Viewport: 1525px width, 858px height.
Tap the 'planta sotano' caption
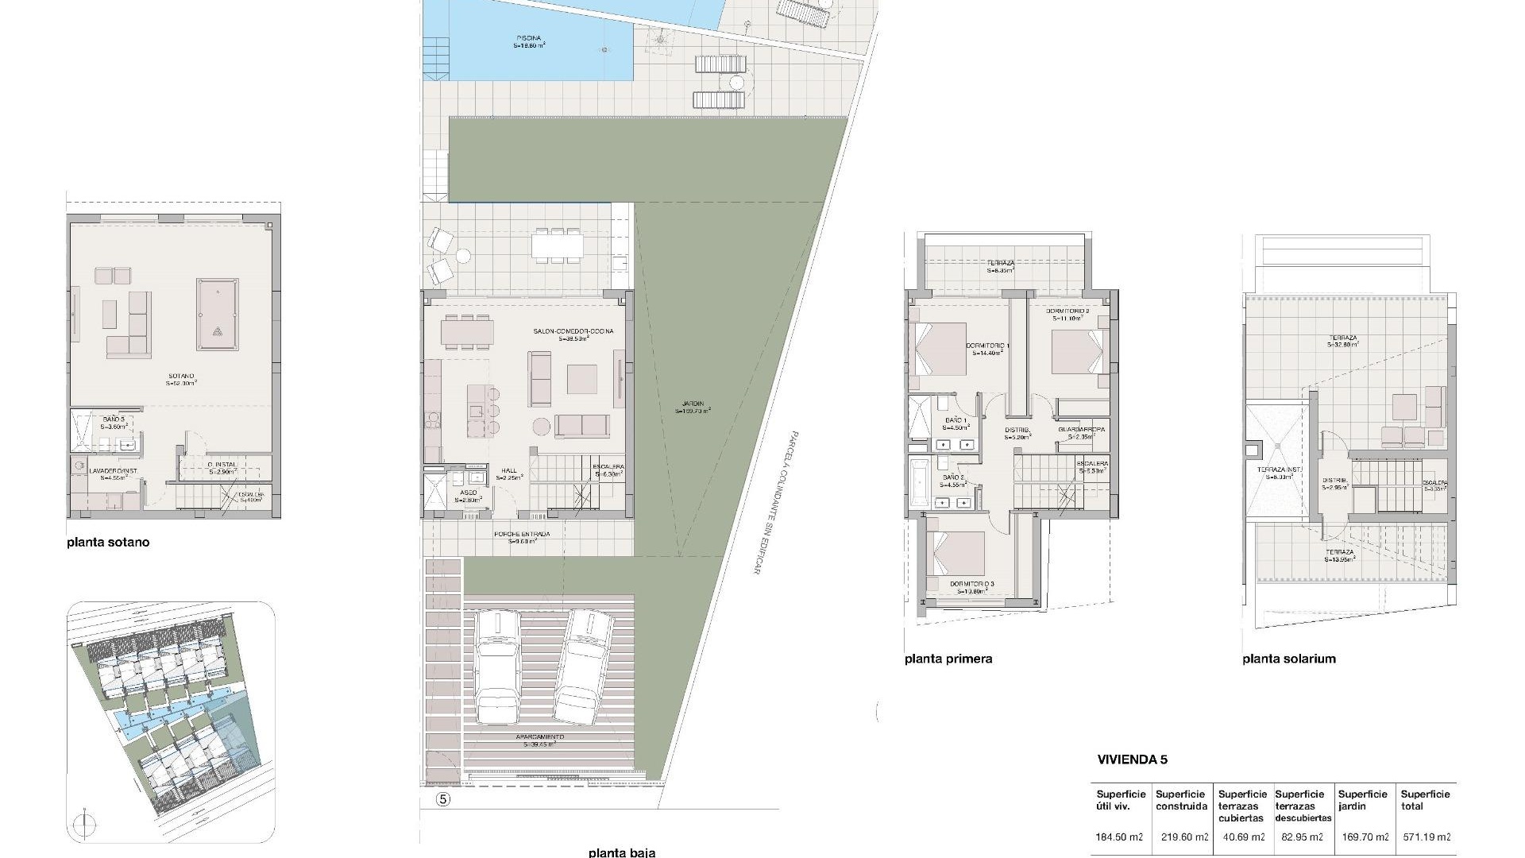pyautogui.click(x=108, y=543)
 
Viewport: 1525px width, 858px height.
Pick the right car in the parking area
pyautogui.click(x=585, y=666)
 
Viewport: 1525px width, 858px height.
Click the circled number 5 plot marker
pyautogui.click(x=443, y=800)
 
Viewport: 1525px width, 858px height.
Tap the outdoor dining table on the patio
pyautogui.click(x=557, y=245)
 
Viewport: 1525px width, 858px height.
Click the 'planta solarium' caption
pyautogui.click(x=1288, y=659)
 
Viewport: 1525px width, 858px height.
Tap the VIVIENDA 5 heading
pyautogui.click(x=1132, y=759)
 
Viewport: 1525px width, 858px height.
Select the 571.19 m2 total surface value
pyautogui.click(x=1425, y=837)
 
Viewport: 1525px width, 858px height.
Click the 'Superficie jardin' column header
pyautogui.click(x=1362, y=800)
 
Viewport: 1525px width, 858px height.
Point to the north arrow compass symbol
pyautogui.click(x=82, y=823)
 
